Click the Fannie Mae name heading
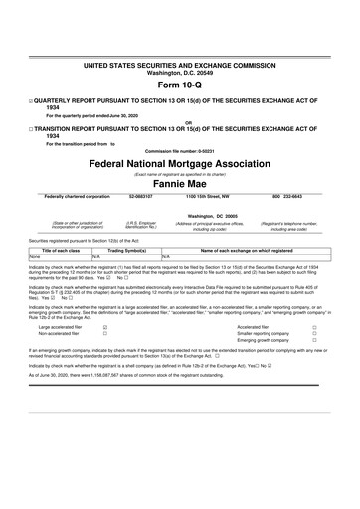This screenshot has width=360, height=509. (x=180, y=182)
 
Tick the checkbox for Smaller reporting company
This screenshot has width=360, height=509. (x=314, y=333)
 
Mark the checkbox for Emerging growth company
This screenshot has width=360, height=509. (x=314, y=341)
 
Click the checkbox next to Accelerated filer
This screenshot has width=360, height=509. (x=314, y=325)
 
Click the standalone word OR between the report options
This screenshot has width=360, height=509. (x=180, y=123)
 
